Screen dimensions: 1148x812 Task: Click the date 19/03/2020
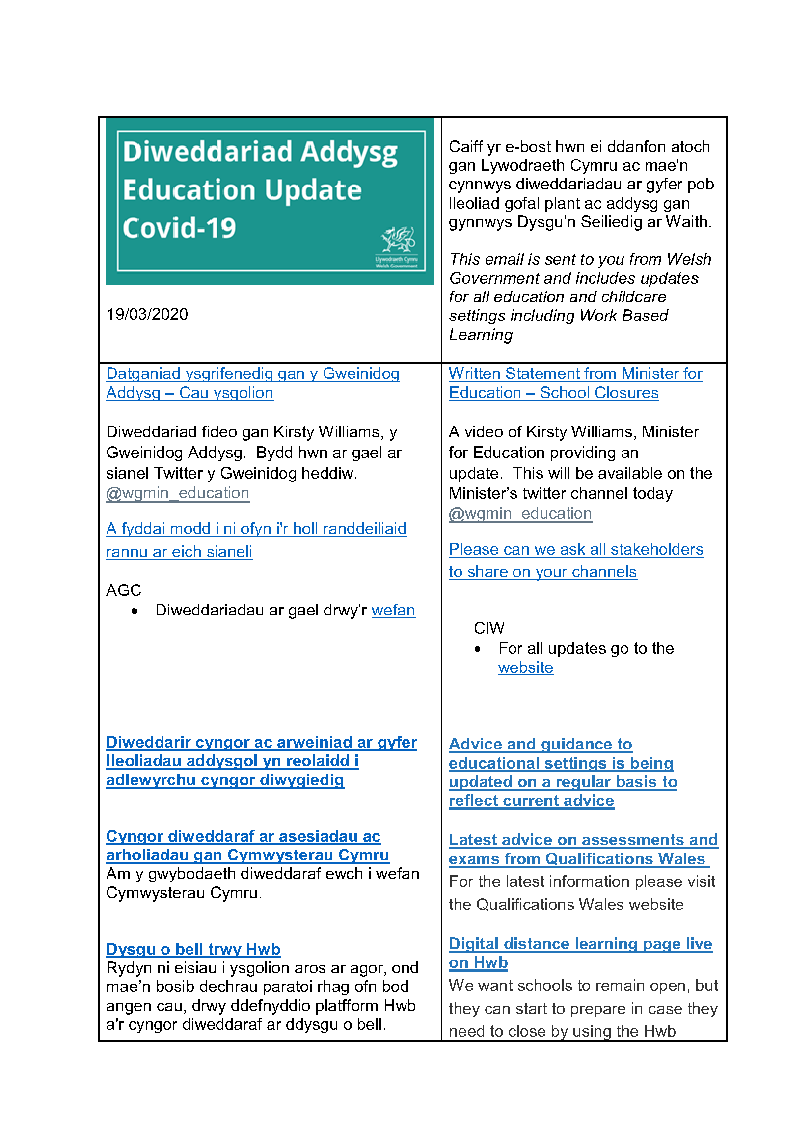[147, 314]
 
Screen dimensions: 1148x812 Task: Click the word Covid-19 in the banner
[179, 228]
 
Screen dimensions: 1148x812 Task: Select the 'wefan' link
[393, 610]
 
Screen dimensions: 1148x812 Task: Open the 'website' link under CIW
[525, 667]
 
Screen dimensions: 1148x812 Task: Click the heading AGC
[124, 590]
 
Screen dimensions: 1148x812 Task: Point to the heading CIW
[488, 628]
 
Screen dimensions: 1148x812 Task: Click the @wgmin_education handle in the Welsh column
[178, 493]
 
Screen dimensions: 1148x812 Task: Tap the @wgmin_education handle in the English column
[520, 513]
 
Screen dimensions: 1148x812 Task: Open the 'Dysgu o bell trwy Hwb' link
[193, 949]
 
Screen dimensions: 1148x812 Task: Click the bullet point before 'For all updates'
[478, 649]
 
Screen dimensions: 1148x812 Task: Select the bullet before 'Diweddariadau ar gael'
[134, 611]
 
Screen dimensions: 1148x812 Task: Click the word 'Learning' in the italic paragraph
[481, 335]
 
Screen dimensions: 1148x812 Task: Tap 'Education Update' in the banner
[242, 190]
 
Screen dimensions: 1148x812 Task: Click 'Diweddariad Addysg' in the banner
[260, 152]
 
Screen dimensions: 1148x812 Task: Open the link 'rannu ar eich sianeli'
[179, 552]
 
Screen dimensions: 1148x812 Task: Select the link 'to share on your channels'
[542, 571]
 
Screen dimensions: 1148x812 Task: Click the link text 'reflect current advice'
[531, 801]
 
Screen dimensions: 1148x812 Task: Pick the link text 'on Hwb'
[478, 962]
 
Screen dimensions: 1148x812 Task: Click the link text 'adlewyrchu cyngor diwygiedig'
[225, 780]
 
